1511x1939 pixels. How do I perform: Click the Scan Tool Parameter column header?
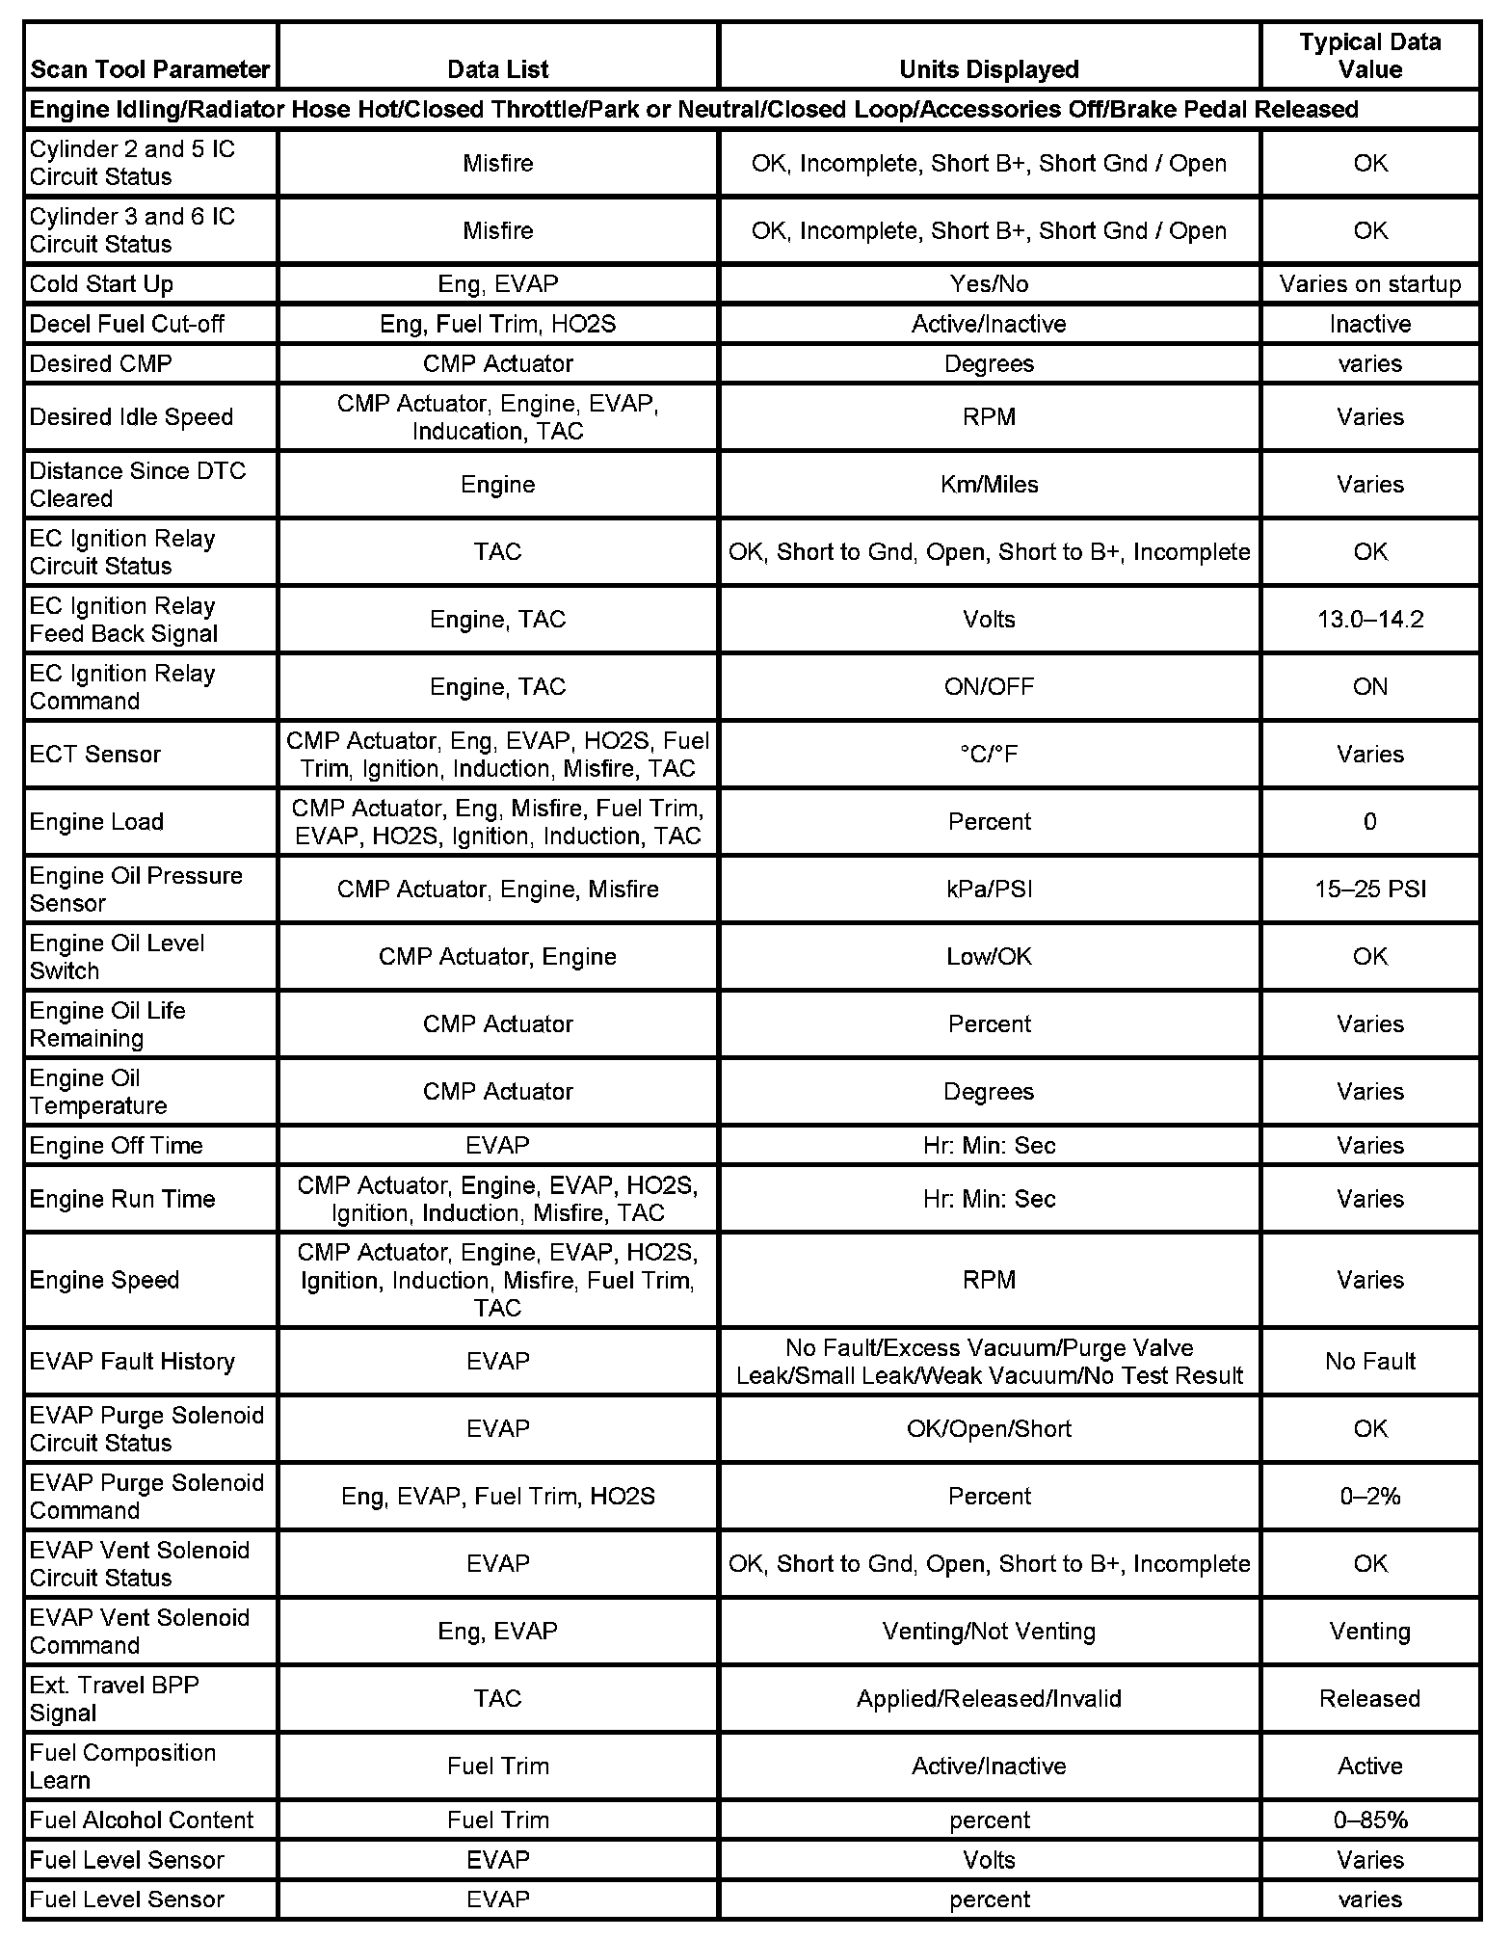coord(150,69)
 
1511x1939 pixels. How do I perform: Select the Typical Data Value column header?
coord(1369,56)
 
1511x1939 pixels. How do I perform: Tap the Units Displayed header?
coord(989,69)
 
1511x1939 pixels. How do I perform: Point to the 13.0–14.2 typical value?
coord(1369,620)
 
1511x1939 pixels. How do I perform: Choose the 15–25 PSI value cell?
coord(1369,890)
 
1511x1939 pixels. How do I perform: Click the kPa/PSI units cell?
coord(989,890)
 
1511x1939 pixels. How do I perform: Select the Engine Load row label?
coord(96,822)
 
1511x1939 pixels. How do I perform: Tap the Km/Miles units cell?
coord(989,485)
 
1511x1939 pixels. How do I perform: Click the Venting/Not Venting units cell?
coord(989,1632)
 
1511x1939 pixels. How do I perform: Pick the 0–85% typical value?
coord(1369,1820)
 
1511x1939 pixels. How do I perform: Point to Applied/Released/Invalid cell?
coord(989,1699)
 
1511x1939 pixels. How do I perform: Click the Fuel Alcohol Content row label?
coord(141,1820)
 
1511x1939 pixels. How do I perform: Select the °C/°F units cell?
coord(989,755)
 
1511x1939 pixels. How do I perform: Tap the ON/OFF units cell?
coord(989,687)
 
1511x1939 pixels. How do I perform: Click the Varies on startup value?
coord(1369,284)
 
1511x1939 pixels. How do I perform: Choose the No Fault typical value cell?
coord(1369,1362)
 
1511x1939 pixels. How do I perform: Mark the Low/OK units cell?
coord(989,957)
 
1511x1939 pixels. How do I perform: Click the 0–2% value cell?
coord(1369,1497)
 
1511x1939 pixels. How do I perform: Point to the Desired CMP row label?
coord(100,364)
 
